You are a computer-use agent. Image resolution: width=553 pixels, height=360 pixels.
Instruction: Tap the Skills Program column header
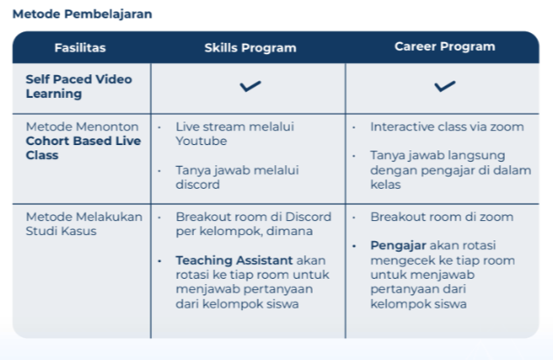[250, 47]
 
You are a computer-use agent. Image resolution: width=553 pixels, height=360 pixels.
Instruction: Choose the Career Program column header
[444, 46]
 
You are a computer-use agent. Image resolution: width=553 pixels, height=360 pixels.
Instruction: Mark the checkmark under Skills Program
[249, 87]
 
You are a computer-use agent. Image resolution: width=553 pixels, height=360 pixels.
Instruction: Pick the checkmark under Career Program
[444, 87]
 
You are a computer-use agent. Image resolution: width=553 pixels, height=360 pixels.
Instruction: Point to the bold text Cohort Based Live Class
[78, 147]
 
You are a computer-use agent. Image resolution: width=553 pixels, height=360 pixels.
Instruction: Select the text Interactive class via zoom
[447, 127]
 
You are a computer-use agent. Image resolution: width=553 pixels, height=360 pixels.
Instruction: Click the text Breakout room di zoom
[442, 217]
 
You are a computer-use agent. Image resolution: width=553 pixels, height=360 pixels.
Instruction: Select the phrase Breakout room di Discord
[245, 217]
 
